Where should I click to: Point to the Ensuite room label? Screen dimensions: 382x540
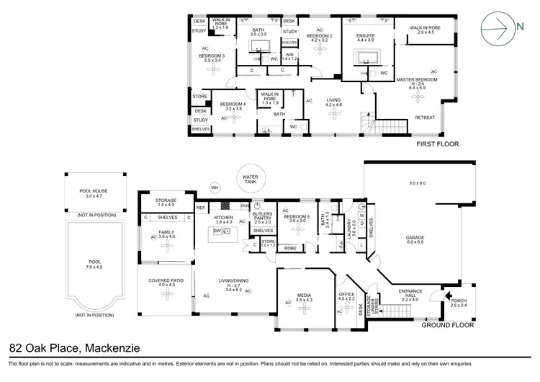[x=367, y=38]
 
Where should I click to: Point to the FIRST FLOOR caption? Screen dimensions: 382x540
[x=437, y=144]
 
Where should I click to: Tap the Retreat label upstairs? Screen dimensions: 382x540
[x=426, y=117]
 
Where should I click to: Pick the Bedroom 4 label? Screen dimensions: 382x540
[x=233, y=105]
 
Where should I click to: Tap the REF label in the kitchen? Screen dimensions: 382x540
[x=202, y=208]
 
